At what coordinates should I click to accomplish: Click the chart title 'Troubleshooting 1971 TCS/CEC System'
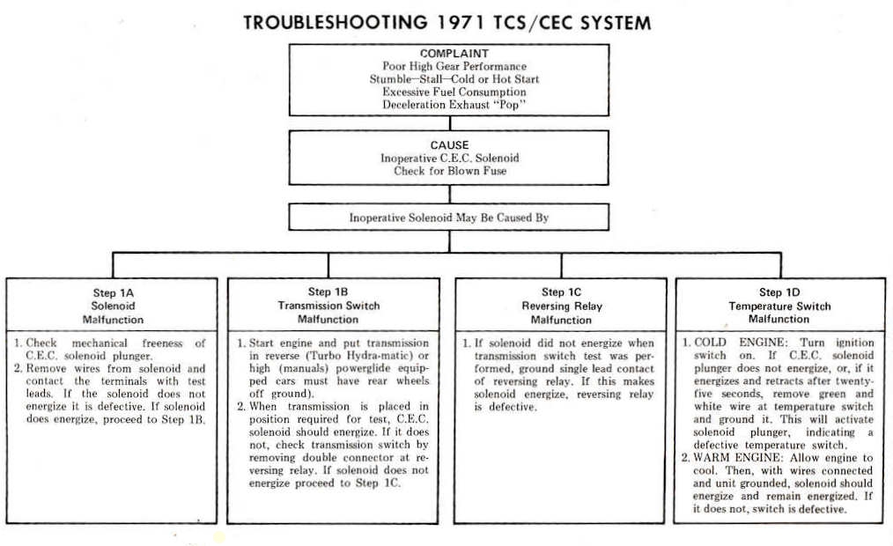coord(447,23)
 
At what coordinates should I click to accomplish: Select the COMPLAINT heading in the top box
coord(454,54)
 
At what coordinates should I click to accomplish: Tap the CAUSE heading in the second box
coord(449,145)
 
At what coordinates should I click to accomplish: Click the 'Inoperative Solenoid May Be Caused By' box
coord(449,217)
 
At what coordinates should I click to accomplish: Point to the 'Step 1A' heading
coord(113,293)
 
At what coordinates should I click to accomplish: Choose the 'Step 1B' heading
coord(328,292)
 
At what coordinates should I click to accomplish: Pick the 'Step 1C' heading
coord(561,292)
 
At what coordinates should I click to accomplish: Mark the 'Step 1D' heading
coord(779,292)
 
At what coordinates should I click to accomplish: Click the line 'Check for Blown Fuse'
coord(450,171)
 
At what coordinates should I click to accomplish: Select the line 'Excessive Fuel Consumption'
coord(454,92)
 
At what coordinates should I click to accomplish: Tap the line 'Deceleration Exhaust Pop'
coord(454,105)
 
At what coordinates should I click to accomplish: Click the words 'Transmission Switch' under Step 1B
coord(328,306)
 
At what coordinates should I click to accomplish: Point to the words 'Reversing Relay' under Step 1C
coord(562,306)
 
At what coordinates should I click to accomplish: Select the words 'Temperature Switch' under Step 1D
coord(779,306)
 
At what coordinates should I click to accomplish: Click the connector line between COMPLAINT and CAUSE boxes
coord(450,123)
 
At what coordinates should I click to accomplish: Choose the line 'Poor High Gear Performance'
coord(454,66)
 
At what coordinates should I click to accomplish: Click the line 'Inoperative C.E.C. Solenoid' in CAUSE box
coord(449,159)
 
